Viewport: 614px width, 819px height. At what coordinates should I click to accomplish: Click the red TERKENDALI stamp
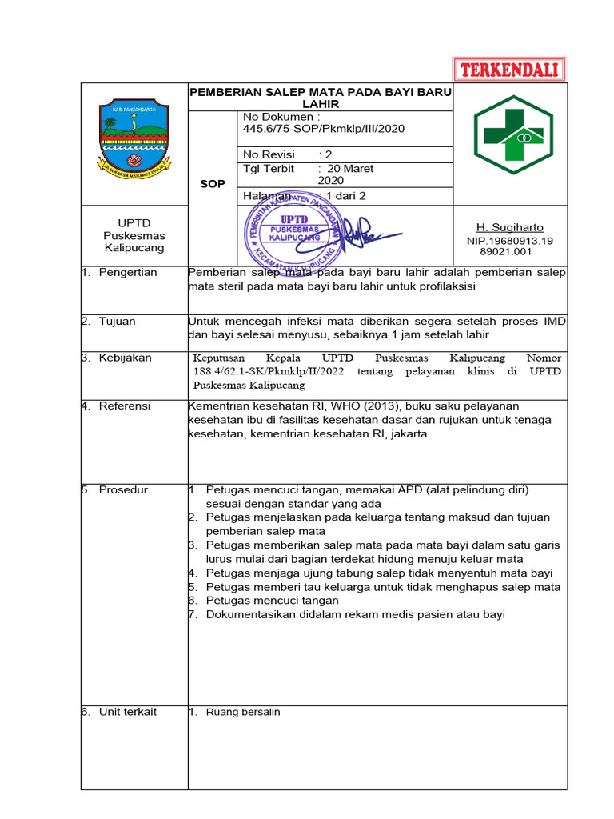(x=509, y=70)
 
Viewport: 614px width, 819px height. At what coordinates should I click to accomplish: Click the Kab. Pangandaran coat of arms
(x=134, y=138)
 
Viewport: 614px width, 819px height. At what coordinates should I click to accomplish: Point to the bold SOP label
(x=213, y=184)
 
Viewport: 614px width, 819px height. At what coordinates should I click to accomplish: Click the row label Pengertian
(x=128, y=272)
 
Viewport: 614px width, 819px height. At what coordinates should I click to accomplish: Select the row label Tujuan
(x=117, y=321)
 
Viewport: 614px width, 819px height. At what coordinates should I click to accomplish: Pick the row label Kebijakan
(x=125, y=358)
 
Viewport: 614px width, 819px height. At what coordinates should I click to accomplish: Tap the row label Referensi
(x=124, y=406)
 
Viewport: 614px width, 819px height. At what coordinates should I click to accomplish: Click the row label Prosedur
(x=123, y=489)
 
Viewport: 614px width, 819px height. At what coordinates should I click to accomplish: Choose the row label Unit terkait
(x=127, y=712)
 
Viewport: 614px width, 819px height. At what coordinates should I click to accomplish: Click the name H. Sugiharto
(x=509, y=228)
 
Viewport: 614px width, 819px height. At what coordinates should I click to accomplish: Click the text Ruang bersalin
(x=243, y=712)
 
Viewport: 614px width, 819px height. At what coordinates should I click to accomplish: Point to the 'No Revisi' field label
(x=269, y=154)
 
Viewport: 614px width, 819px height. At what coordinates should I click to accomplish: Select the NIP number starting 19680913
(x=509, y=241)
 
